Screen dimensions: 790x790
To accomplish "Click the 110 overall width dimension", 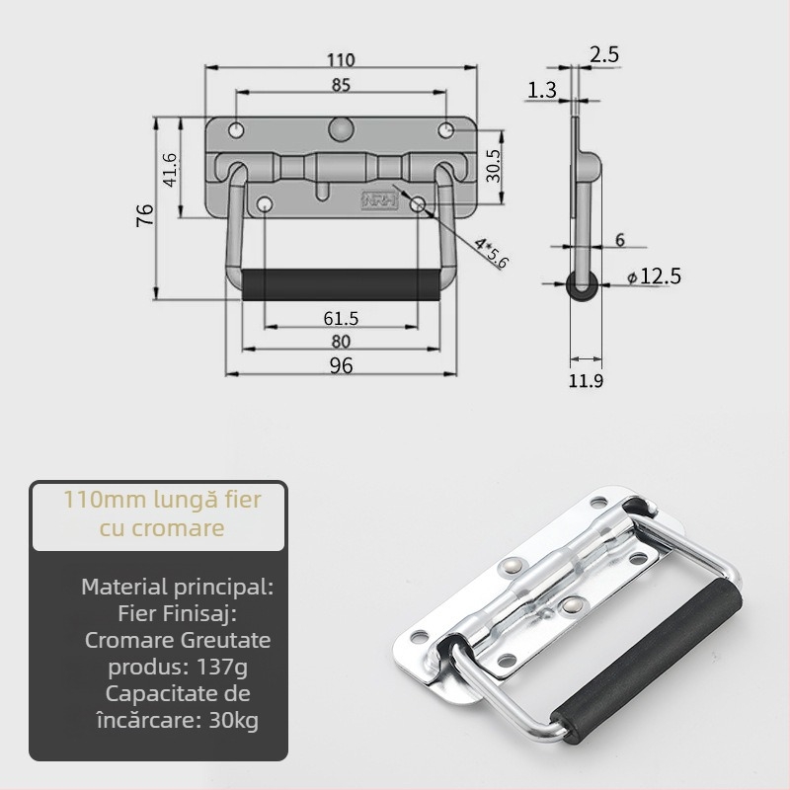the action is pos(341,60).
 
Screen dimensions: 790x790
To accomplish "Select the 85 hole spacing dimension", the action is pos(341,85).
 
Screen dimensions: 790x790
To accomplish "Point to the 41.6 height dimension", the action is pos(170,170).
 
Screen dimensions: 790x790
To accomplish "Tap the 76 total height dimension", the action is pos(145,215).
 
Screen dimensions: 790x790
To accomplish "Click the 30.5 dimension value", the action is pos(494,166).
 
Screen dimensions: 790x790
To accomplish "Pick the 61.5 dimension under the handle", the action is pos(341,318).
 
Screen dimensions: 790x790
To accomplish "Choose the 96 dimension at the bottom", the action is pos(341,365).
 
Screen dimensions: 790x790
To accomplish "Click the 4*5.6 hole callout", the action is pos(491,253).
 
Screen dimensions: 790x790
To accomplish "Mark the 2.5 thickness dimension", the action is pos(604,54).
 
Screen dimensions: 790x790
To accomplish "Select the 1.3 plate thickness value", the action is pos(541,90).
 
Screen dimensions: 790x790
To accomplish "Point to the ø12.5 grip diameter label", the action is pos(654,276).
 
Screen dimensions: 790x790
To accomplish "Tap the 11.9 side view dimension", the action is pos(586,381).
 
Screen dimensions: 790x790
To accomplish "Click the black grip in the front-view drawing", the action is pos(341,284).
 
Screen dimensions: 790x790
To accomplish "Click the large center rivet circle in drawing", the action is pos(341,129).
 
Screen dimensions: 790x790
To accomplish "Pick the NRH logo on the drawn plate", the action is pos(379,199).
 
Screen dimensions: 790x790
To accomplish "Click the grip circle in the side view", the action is pos(583,285).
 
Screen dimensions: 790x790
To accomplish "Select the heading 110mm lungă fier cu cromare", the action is pos(162,513).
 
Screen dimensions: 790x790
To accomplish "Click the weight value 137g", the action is pos(222,668).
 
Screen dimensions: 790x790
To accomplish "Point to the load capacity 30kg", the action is pos(233,720).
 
